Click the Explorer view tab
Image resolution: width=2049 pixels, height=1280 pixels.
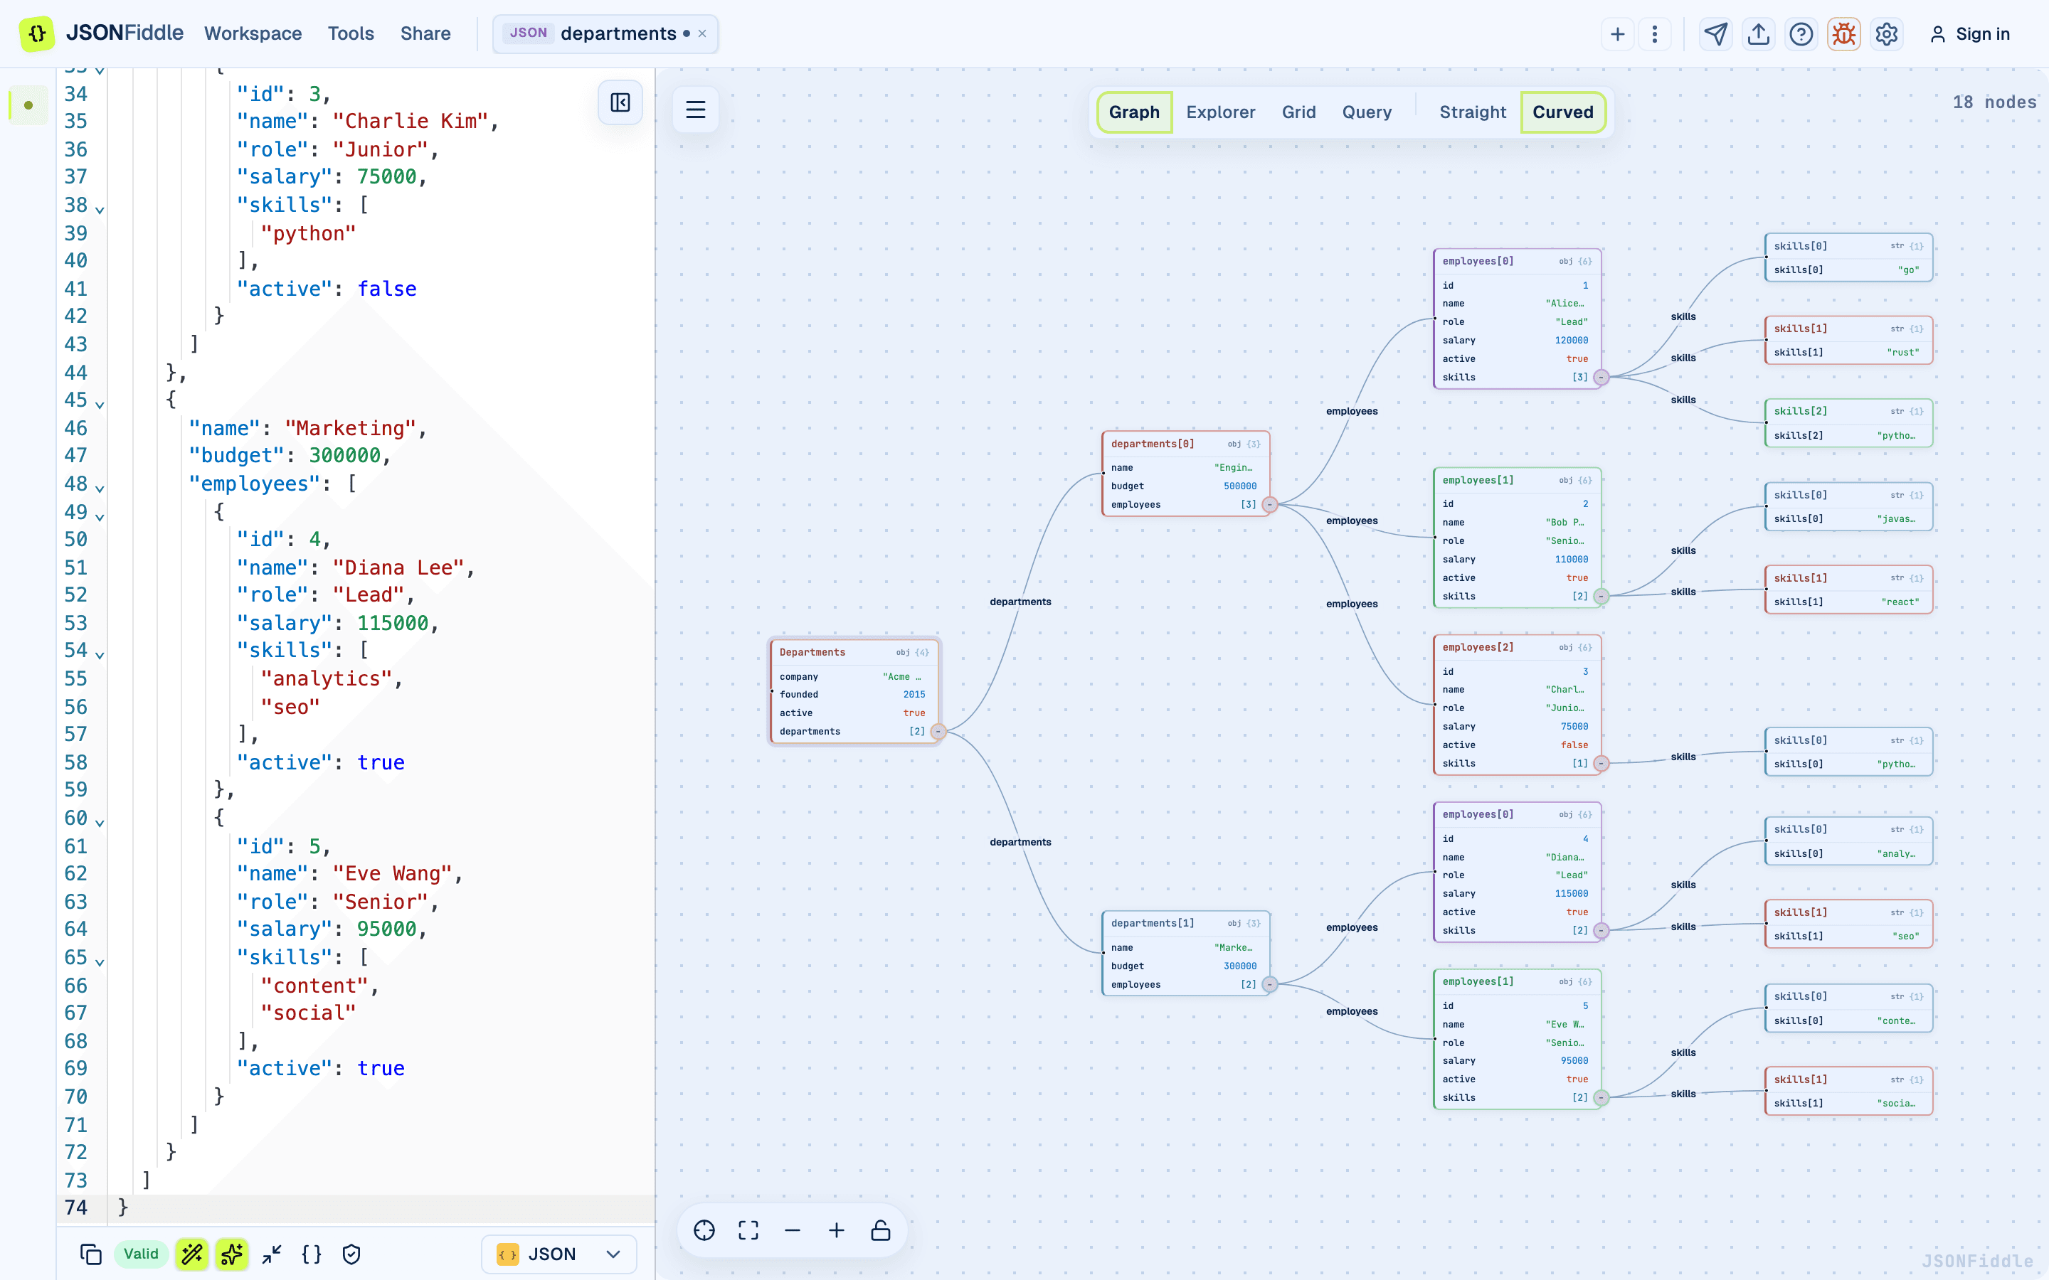pyautogui.click(x=1220, y=112)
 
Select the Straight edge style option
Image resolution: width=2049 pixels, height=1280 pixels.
pyautogui.click(x=1473, y=112)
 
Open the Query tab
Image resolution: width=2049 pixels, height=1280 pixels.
pyautogui.click(x=1367, y=112)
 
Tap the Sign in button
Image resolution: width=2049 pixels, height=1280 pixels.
pyautogui.click(x=1969, y=34)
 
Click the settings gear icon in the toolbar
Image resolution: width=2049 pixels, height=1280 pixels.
pyautogui.click(x=1887, y=34)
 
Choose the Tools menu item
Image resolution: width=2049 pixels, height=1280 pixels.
pyautogui.click(x=351, y=34)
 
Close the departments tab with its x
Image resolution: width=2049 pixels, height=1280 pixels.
pyautogui.click(x=702, y=34)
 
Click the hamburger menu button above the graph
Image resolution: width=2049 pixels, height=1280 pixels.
pyautogui.click(x=695, y=110)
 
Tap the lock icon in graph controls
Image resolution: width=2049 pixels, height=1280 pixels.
pyautogui.click(x=881, y=1230)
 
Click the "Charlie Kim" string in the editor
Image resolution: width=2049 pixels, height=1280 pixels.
pyautogui.click(x=411, y=121)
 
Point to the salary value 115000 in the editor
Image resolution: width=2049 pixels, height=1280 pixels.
pyautogui.click(x=393, y=623)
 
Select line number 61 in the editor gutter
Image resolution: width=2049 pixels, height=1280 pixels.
pyautogui.click(x=76, y=846)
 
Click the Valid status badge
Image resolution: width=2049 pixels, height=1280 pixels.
pyautogui.click(x=141, y=1254)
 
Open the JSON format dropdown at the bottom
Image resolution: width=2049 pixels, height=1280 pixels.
pyautogui.click(x=558, y=1254)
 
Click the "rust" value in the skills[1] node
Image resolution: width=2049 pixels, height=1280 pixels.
pyautogui.click(x=1903, y=352)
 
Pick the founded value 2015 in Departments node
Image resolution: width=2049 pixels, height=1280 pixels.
pyautogui.click(x=914, y=694)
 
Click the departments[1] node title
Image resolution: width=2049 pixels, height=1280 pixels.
pyautogui.click(x=1153, y=923)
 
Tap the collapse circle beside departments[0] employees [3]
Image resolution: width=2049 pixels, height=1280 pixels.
pyautogui.click(x=1270, y=505)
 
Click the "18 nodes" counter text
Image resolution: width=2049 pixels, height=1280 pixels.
pyautogui.click(x=1994, y=102)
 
